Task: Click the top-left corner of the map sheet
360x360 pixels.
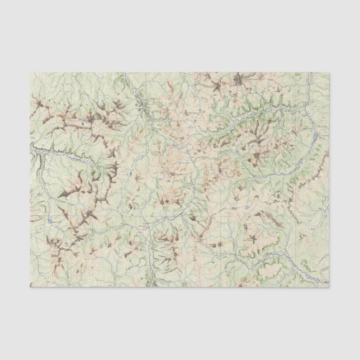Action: (x=30, y=73)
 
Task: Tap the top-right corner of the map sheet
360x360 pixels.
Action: (x=329, y=73)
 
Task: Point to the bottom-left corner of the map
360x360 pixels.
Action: (x=30, y=287)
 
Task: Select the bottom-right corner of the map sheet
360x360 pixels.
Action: (x=329, y=287)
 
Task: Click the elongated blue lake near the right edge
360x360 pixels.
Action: (x=316, y=135)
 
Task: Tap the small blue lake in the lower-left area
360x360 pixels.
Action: (x=50, y=221)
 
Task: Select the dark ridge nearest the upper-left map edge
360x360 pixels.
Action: (x=39, y=103)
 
